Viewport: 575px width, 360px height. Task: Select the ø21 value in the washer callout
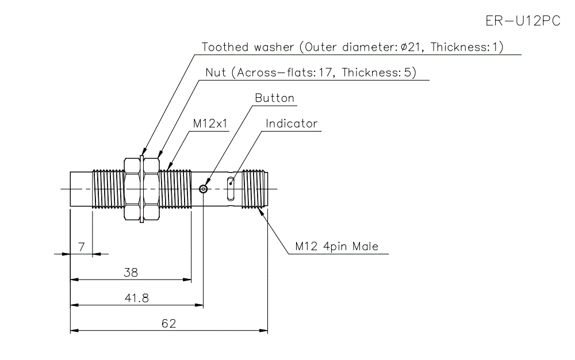pos(412,47)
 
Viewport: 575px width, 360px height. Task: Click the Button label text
pos(275,98)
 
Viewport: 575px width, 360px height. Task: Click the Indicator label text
pos(292,124)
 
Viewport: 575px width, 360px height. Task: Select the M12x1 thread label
pos(210,124)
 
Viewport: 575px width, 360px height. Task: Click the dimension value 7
pos(81,247)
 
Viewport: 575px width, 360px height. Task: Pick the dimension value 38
pos(131,273)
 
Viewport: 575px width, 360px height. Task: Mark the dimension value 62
pos(168,323)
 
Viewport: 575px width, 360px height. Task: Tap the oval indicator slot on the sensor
pos(231,188)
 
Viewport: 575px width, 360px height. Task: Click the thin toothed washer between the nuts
pos(141,189)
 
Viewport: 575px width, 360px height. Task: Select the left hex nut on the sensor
pos(132,189)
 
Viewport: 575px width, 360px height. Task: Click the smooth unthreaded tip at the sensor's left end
pos(80,189)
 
